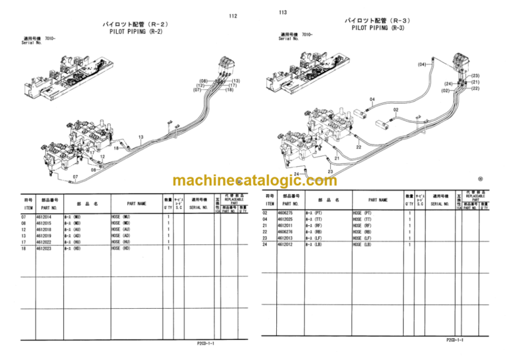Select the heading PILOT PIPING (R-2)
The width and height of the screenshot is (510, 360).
[135, 31]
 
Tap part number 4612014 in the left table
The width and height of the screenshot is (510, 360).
[45, 217]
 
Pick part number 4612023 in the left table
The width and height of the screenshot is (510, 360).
[45, 248]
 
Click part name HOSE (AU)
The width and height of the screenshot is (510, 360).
[121, 230]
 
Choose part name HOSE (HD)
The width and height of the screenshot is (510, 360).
[121, 248]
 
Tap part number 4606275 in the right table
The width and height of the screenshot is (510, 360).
[284, 213]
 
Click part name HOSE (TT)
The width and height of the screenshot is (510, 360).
[363, 219]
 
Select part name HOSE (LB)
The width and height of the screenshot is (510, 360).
[363, 244]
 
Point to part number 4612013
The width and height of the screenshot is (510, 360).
[284, 238]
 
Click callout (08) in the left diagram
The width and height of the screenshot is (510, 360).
[204, 81]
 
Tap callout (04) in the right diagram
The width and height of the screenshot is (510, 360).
[422, 64]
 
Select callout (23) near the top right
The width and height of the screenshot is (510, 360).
[475, 76]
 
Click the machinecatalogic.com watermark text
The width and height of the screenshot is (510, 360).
[254, 181]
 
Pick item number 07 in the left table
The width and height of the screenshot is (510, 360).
[25, 217]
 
